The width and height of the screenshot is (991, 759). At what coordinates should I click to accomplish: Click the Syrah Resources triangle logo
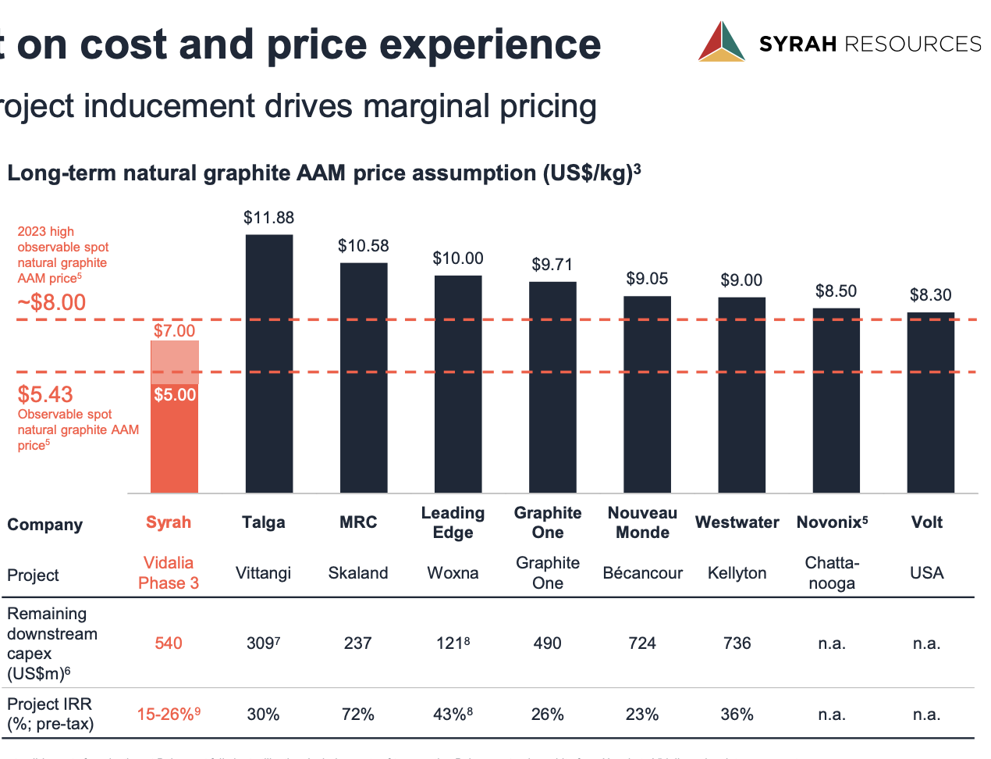click(x=721, y=41)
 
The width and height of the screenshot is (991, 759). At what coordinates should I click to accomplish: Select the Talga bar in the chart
click(x=269, y=363)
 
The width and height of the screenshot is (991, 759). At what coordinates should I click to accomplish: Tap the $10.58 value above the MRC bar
click(x=363, y=246)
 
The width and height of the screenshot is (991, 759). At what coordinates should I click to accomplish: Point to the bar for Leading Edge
click(x=458, y=383)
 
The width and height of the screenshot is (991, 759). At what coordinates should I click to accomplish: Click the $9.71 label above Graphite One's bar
click(x=552, y=265)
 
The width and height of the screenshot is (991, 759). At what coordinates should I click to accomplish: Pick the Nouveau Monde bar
click(x=647, y=394)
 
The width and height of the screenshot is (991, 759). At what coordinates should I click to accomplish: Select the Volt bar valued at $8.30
click(x=930, y=402)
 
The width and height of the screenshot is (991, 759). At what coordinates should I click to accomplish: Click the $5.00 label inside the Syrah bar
click(x=175, y=395)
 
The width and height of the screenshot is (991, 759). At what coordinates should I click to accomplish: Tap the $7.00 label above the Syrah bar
click(x=174, y=331)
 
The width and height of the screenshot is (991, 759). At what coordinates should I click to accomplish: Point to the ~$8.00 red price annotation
click(x=52, y=302)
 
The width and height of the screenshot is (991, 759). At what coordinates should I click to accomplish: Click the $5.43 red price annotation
click(x=45, y=394)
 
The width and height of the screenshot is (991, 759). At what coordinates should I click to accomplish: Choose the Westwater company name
click(x=737, y=522)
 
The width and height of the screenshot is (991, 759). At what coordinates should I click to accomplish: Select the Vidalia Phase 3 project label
click(x=169, y=573)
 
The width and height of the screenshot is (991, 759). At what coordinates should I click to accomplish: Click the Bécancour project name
click(x=642, y=573)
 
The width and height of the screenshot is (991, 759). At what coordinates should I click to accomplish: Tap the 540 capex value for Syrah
click(x=169, y=643)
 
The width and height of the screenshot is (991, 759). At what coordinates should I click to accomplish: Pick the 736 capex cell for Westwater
click(x=737, y=643)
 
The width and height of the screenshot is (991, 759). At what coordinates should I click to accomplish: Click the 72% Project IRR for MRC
click(x=358, y=714)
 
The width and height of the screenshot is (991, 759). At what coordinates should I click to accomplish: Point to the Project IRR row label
click(x=50, y=714)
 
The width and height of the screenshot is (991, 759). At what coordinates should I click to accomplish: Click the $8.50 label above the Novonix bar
click(x=836, y=291)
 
